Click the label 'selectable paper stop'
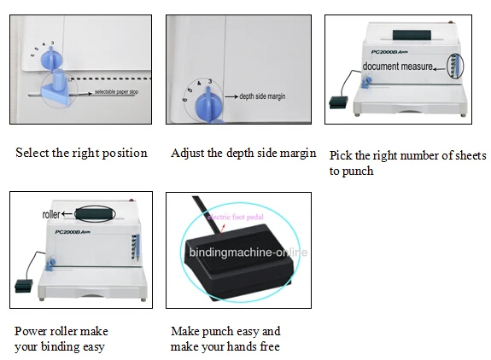pyautogui.click(x=119, y=90)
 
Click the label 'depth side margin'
pyautogui.click(x=262, y=96)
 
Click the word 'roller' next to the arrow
pyautogui.click(x=51, y=215)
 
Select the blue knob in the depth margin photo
pyautogui.click(x=207, y=106)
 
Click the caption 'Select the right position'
pyautogui.click(x=81, y=154)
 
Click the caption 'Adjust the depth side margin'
pyautogui.click(x=243, y=154)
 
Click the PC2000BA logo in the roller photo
pyautogui.click(x=72, y=232)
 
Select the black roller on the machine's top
pyautogui.click(x=95, y=214)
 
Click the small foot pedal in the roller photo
pyautogui.click(x=21, y=282)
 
